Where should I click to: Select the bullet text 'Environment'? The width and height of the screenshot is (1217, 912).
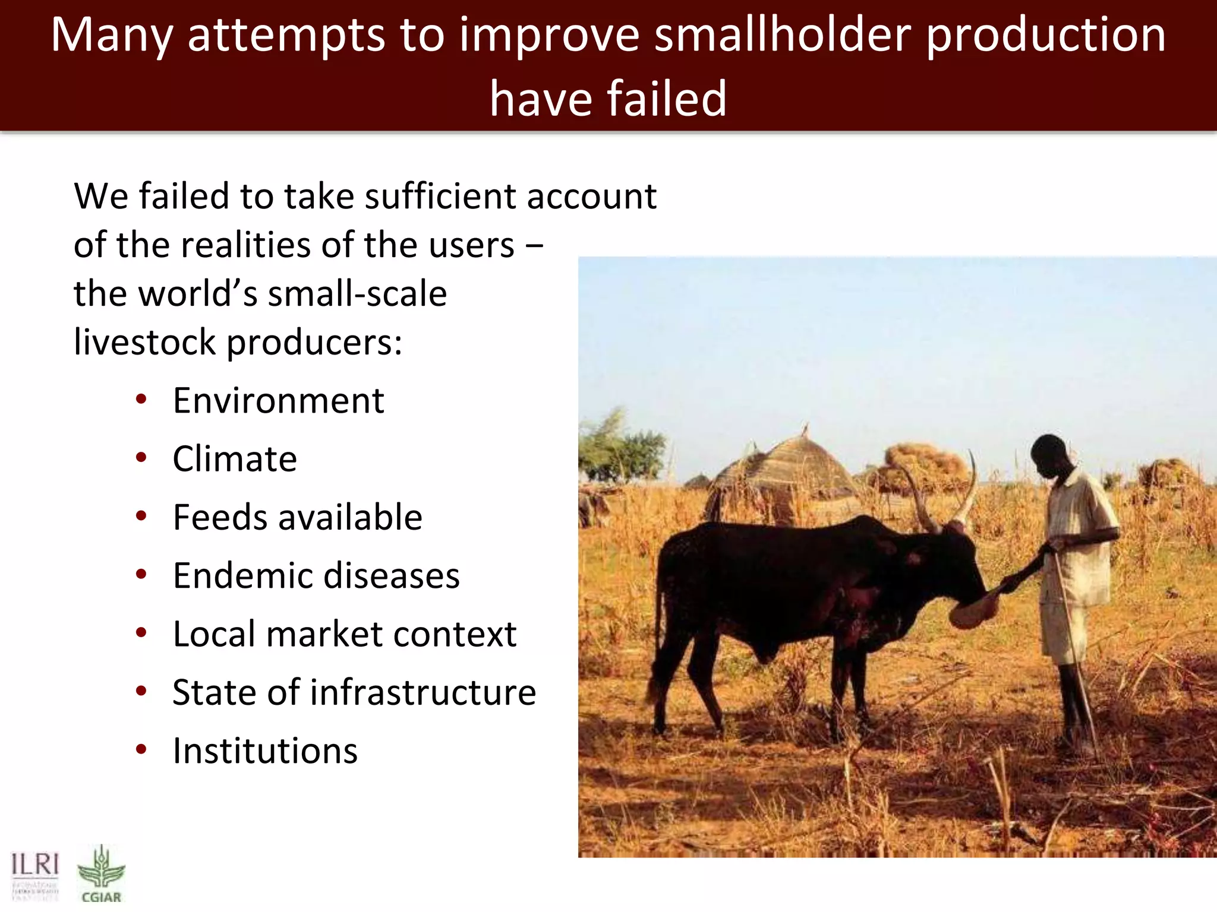click(x=278, y=401)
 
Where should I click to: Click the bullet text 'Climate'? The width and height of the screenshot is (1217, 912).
click(x=235, y=459)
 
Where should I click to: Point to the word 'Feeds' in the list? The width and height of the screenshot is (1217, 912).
click(x=219, y=517)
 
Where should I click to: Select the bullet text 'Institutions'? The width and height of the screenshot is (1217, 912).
click(x=265, y=751)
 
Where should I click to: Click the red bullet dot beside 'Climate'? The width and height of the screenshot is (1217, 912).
click(x=141, y=458)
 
